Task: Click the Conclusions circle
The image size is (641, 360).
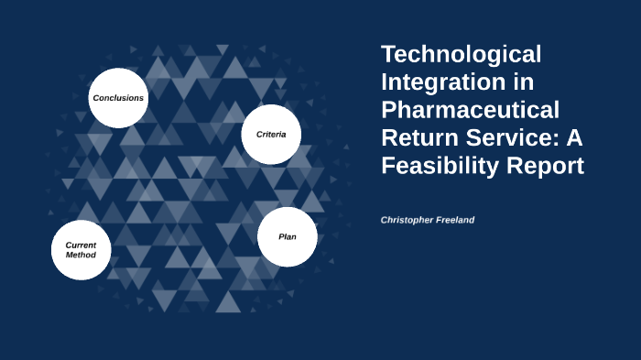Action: click(118, 98)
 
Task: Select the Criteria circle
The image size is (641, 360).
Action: click(271, 134)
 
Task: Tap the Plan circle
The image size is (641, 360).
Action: click(288, 236)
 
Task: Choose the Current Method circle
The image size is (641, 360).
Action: click(81, 250)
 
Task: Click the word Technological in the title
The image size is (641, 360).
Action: click(461, 55)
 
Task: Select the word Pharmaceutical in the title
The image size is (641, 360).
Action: click(470, 111)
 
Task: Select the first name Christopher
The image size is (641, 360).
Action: click(410, 221)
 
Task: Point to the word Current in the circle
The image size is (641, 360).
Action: click(81, 245)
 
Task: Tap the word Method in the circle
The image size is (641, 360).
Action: click(81, 256)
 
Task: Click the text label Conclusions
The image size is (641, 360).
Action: click(118, 98)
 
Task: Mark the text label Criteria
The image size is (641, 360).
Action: click(271, 135)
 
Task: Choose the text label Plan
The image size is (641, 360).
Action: click(288, 236)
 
